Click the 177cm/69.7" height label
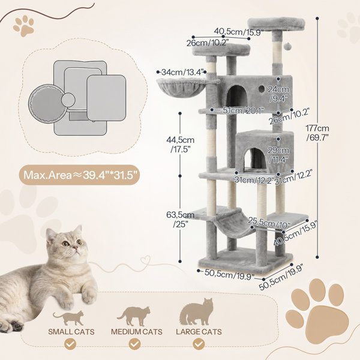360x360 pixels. tap(317, 133)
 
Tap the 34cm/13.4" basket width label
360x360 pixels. tap(182, 72)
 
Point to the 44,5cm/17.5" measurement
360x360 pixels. tap(180, 145)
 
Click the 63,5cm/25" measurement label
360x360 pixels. tap(180, 219)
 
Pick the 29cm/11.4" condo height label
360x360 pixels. tap(278, 155)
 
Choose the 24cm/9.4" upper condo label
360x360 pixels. tap(278, 94)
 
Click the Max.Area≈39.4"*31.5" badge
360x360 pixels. tap(79, 175)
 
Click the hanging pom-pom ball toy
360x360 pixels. tap(287, 47)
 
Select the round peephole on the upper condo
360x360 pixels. tap(261, 89)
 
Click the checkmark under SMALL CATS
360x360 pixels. tap(70, 344)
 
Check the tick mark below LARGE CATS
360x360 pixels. tap(199, 344)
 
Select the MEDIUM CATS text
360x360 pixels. tap(137, 332)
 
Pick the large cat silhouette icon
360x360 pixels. tap(196, 312)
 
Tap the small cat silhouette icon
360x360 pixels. tap(68, 318)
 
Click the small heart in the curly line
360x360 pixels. tap(146, 261)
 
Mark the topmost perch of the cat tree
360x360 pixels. tap(276, 24)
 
